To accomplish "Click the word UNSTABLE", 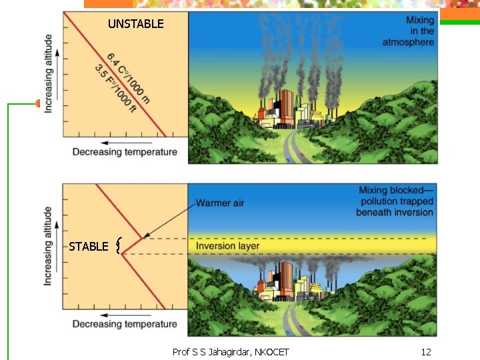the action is click(x=135, y=24).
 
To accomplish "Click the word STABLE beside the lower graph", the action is click(x=88, y=247).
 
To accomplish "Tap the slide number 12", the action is click(x=427, y=351).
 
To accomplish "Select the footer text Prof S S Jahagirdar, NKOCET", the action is click(x=231, y=351).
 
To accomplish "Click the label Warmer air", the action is click(x=220, y=203).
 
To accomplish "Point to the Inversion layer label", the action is click(x=227, y=246).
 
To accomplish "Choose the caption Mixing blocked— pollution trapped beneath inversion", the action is click(x=395, y=201).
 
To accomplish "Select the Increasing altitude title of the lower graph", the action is click(x=49, y=246).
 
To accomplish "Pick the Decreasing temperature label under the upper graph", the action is click(x=125, y=152).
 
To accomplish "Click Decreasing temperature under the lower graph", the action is click(x=125, y=324).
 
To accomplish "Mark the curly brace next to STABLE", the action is click(x=118, y=247).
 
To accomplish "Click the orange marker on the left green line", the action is click(x=38, y=103).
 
